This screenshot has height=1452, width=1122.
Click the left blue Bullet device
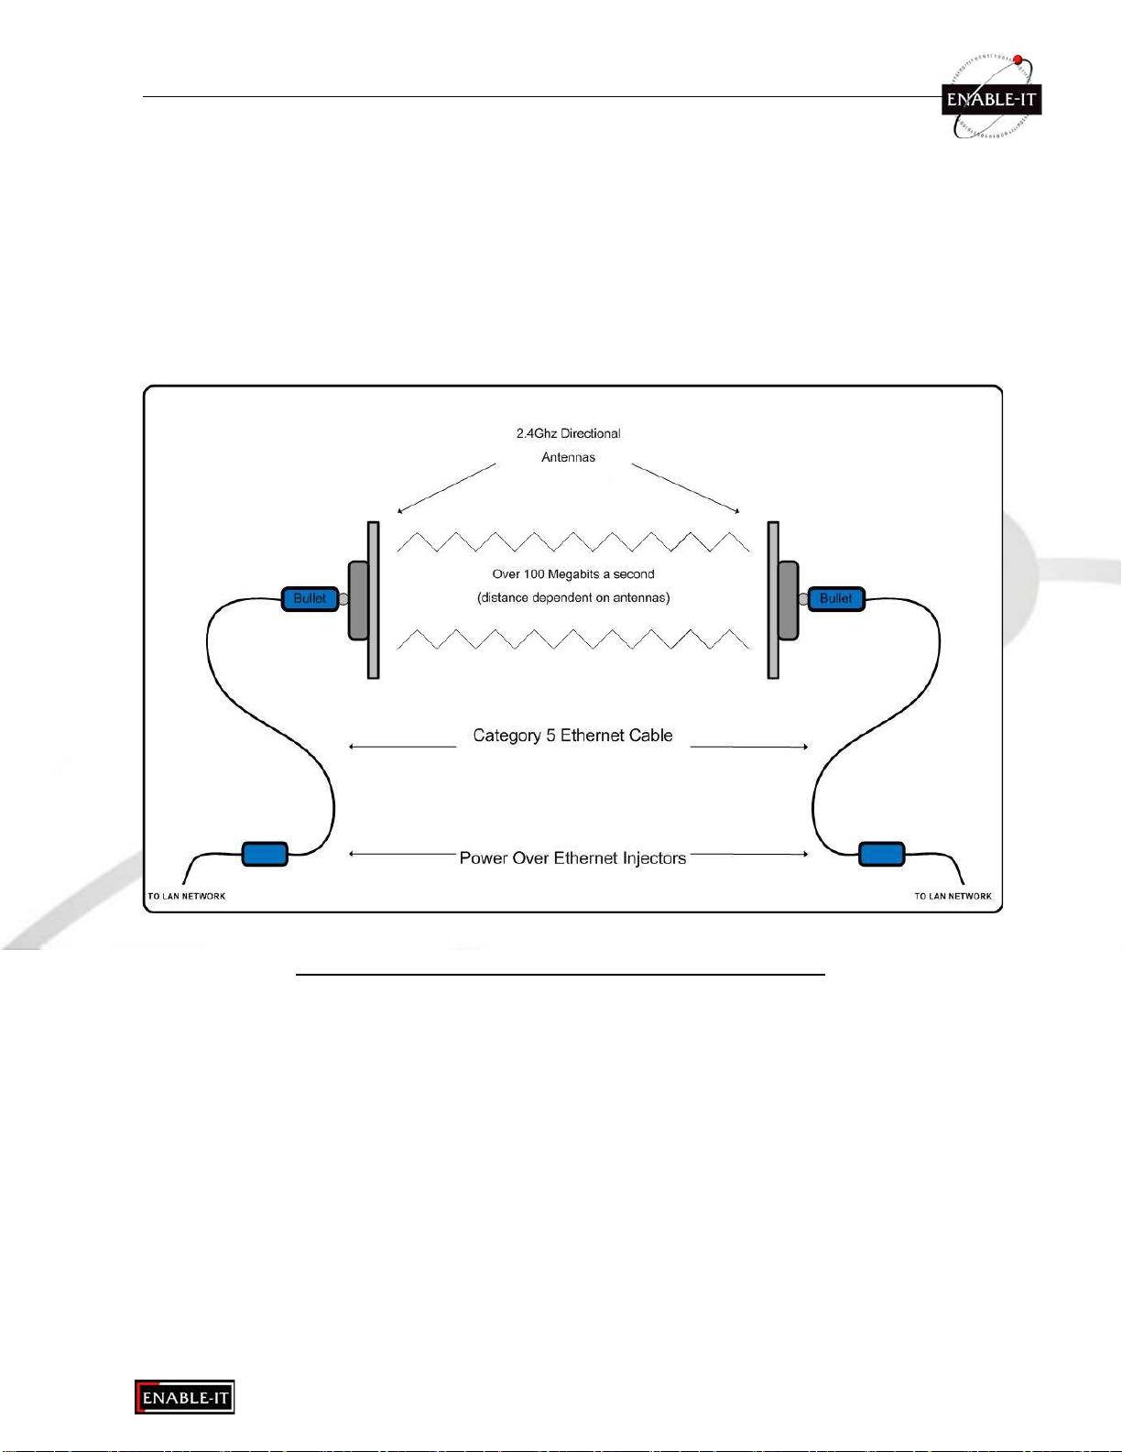pos(310,599)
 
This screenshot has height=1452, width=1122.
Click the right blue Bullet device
pos(836,599)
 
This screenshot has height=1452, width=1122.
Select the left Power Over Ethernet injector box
pos(265,854)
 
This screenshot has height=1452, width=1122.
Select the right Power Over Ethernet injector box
pos(881,854)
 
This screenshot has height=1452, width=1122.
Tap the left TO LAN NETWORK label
pos(186,896)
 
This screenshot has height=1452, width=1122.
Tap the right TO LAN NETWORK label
pos(953,896)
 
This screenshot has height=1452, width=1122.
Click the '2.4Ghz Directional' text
pos(569,433)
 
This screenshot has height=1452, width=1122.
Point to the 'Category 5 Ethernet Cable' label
pos(572,736)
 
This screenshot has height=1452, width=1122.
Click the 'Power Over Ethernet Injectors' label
pos(572,858)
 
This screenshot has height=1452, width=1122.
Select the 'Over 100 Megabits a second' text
pos(573,574)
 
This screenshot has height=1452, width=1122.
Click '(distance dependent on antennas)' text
pos(573,598)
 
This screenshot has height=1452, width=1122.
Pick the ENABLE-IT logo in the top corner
pos(992,97)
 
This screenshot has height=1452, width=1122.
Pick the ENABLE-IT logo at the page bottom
pos(185,1397)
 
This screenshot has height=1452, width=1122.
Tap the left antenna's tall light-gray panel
pos(374,600)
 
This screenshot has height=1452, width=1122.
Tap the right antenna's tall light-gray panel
pos(773,600)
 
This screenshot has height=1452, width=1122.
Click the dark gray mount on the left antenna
pos(359,600)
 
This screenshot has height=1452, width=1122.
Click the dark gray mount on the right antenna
pos(788,600)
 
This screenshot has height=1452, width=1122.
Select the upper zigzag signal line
pos(573,542)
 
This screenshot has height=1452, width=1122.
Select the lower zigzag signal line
pos(573,639)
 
